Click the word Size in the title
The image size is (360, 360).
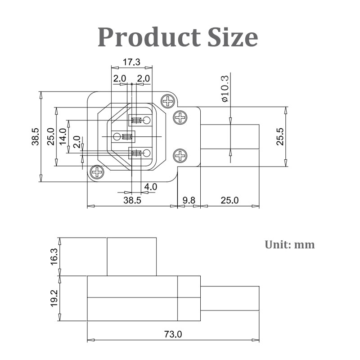pos(232,37)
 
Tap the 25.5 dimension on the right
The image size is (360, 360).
pos(280,136)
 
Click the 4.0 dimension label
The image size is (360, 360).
pos(150,186)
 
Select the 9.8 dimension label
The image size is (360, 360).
pos(189,200)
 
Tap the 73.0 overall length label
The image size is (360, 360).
pos(173,334)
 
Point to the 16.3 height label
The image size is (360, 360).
pos(54,256)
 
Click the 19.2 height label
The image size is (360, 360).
pos(54,298)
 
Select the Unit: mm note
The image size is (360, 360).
pos(290,245)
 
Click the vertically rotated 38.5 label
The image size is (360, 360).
pos(36,136)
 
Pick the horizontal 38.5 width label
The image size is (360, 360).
pos(132,200)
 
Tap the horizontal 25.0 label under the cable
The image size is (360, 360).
pos(229,200)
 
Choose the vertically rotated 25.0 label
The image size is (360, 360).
pos(50,136)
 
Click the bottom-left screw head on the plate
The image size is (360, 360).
pos(97,171)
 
